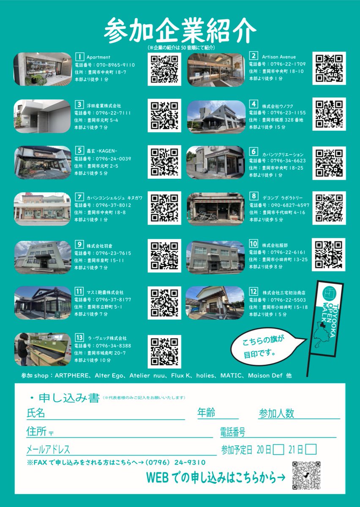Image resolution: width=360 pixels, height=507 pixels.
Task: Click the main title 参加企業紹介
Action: point(180,31)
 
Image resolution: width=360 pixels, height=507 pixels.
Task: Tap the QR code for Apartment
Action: point(164,68)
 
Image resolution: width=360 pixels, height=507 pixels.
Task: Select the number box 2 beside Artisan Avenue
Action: point(254,56)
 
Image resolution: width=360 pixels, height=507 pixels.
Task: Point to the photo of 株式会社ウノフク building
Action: point(215,116)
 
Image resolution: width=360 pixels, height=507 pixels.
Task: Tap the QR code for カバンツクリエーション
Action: point(329,163)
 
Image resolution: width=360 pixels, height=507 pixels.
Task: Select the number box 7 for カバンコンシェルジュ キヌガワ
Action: point(79,196)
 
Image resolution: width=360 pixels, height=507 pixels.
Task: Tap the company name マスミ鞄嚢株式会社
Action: point(105,292)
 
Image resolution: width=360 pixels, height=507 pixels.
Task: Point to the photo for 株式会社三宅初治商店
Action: point(215,303)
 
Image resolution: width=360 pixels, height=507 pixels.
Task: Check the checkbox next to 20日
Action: point(278,449)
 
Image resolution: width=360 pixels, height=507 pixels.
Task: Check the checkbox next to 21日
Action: point(311,449)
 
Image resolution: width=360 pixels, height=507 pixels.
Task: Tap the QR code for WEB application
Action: point(306,475)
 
